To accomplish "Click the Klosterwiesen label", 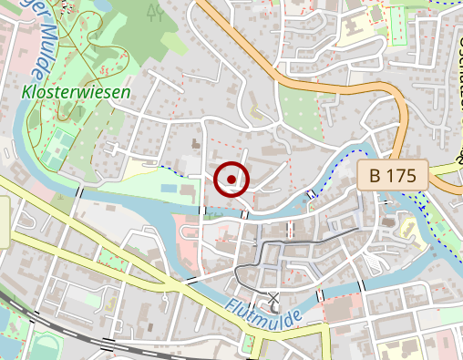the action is (75, 92).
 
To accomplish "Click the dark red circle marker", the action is (231, 180).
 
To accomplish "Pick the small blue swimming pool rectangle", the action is (170, 188).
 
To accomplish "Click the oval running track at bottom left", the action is (46, 345).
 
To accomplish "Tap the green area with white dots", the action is (302, 109).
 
